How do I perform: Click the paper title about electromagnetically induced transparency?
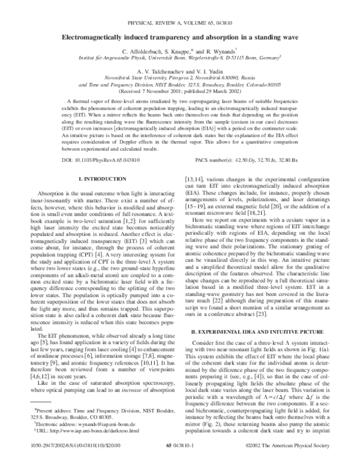[x=179, y=36]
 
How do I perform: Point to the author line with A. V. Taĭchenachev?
[x=179, y=78]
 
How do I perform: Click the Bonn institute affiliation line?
[x=179, y=61]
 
